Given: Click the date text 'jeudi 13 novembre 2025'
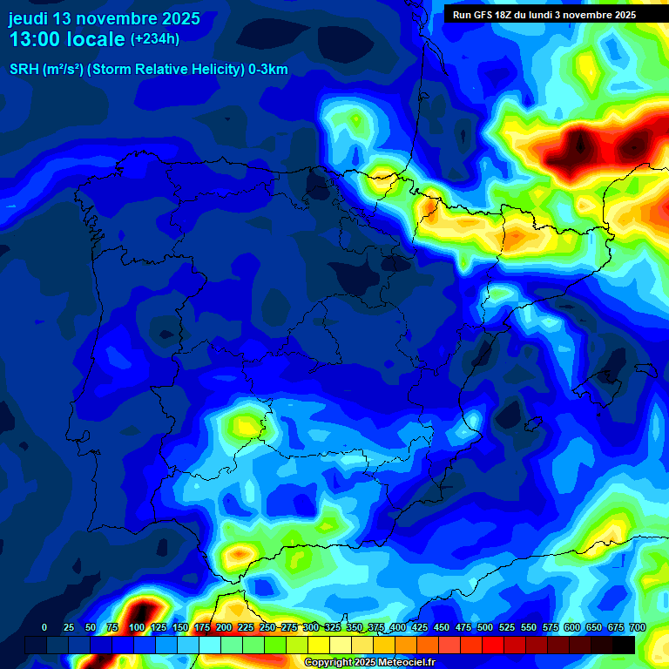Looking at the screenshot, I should (104, 18).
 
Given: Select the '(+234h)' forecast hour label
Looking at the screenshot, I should (155, 39).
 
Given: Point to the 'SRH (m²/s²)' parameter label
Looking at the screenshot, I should (46, 71).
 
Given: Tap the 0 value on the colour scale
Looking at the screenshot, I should (44, 627).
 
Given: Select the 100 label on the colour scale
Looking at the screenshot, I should (137, 627).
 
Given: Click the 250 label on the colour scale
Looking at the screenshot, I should (267, 627).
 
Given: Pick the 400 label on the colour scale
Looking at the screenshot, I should (398, 627).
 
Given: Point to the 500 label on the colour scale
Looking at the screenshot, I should (485, 627).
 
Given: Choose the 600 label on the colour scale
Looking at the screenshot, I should (572, 627).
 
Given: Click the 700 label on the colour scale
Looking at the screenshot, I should (637, 627).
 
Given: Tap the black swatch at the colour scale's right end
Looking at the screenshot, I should (624, 645).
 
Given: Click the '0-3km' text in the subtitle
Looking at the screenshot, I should (266, 71).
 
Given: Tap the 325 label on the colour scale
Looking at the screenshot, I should (333, 627).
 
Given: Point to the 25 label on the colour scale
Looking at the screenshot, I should (69, 627).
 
